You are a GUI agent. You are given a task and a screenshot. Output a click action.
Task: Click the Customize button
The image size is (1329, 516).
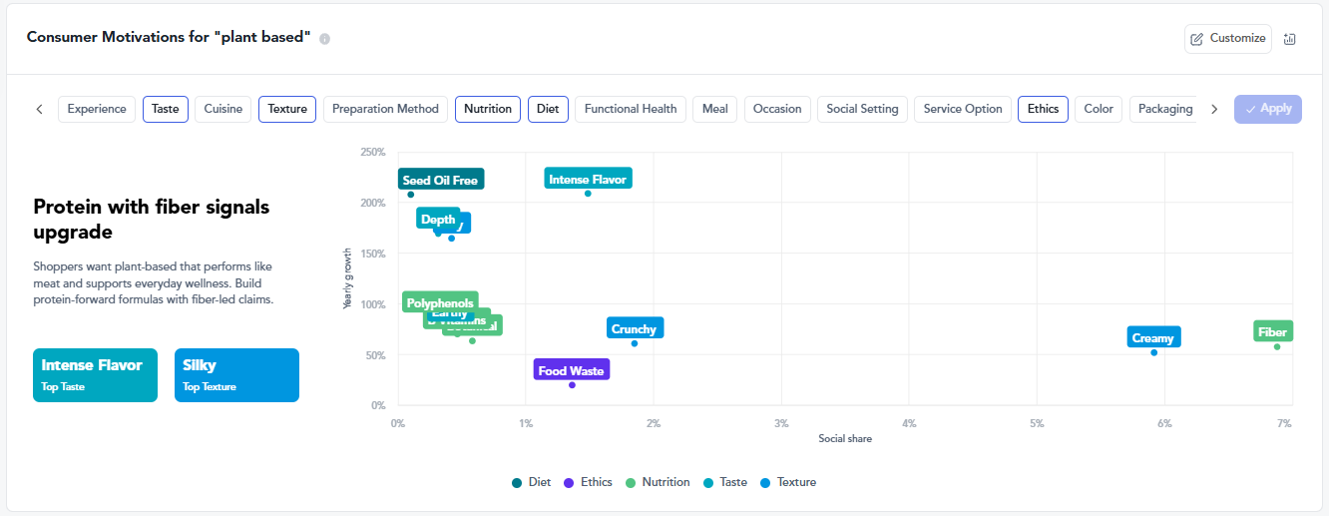tap(1228, 39)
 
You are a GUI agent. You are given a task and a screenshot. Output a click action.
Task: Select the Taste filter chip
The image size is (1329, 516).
tap(166, 109)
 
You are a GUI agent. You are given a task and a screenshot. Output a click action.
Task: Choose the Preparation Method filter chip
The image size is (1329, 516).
tap(385, 109)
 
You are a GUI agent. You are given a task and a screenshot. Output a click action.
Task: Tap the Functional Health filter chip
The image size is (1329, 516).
tap(631, 109)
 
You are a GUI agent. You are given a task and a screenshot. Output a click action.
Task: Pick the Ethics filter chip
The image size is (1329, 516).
tap(1043, 109)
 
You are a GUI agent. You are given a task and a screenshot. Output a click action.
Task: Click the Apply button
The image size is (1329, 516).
tap(1268, 109)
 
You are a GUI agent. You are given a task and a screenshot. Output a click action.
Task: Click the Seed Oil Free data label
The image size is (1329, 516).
tap(440, 180)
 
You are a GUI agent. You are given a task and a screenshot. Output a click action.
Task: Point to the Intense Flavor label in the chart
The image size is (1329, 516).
tap(588, 179)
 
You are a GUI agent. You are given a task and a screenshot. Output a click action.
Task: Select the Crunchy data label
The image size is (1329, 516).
tap(634, 328)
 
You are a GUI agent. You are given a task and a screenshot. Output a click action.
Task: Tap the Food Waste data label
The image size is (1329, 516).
tap(571, 370)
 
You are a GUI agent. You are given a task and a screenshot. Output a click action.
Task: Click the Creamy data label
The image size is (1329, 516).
tap(1153, 337)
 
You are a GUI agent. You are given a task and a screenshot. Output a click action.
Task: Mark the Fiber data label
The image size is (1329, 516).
tap(1272, 331)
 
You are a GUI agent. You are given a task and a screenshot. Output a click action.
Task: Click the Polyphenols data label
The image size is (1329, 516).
tap(438, 302)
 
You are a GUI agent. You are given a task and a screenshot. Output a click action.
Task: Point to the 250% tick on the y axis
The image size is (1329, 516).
tap(372, 153)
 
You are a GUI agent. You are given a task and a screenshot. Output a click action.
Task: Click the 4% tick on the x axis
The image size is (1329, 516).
tap(909, 423)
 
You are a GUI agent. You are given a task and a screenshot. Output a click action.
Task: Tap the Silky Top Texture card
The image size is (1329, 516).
tap(236, 374)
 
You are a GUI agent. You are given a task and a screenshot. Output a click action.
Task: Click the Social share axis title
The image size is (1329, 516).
tap(845, 439)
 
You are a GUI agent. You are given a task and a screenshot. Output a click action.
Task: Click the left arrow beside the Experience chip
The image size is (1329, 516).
tap(39, 109)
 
